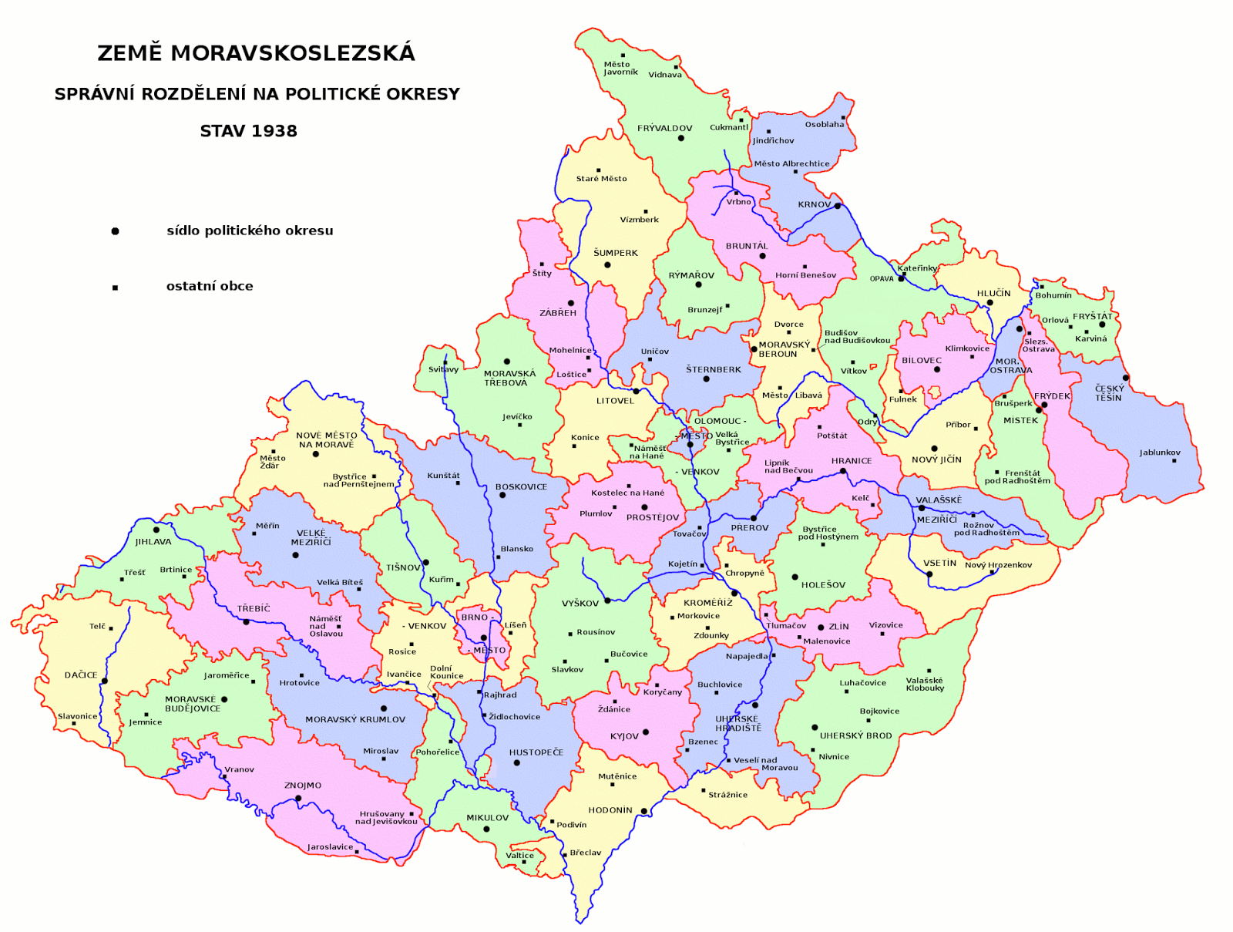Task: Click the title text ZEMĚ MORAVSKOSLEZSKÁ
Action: tap(256, 53)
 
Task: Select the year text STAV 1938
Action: tap(248, 131)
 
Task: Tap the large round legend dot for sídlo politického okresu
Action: tap(115, 231)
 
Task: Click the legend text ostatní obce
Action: tap(210, 286)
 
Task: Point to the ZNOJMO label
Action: tap(303, 786)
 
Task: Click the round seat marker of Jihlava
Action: tap(156, 530)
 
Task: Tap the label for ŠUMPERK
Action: tap(616, 253)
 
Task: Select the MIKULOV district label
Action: tap(487, 818)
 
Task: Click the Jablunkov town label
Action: tap(1160, 453)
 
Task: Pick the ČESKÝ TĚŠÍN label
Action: tap(1109, 393)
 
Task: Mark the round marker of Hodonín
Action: tap(644, 811)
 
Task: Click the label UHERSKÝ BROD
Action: tap(855, 735)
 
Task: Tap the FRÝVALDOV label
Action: tap(664, 128)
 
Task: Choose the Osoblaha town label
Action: tap(824, 124)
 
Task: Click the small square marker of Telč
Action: tap(111, 628)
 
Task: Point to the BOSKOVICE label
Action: tap(521, 486)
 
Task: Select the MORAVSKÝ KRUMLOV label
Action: tap(355, 719)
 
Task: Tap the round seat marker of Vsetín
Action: tap(929, 574)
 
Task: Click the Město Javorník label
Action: tap(620, 68)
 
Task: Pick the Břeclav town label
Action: tap(585, 853)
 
